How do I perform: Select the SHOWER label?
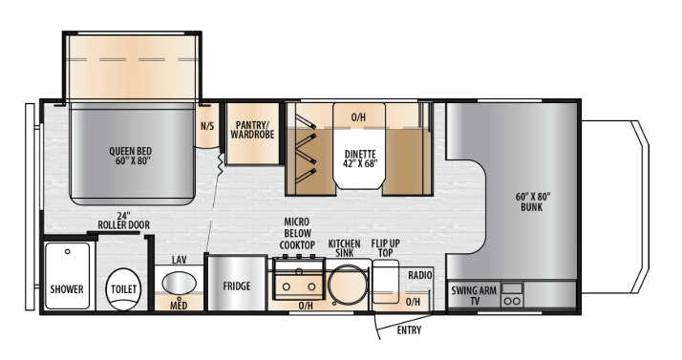coord(67,288)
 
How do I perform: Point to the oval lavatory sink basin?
coord(179,284)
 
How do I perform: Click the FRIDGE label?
coord(237,286)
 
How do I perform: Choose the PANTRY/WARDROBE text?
coord(252,128)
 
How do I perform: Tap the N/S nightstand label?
coord(206,125)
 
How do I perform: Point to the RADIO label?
coord(420,275)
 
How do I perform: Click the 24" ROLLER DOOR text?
coord(123,220)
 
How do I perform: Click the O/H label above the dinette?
coord(358,117)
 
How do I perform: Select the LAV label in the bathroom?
coord(179,260)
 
